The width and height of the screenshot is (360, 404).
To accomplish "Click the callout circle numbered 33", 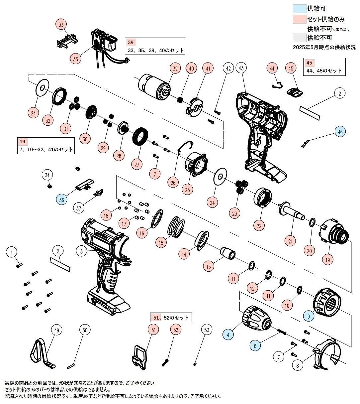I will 61,25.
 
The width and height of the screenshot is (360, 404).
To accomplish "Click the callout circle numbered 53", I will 207,330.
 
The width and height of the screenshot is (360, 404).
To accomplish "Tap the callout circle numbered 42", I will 228,68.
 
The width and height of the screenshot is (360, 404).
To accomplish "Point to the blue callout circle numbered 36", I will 62,200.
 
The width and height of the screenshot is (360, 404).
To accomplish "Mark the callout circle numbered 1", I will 12,252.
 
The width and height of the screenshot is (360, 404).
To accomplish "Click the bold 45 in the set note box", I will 310,63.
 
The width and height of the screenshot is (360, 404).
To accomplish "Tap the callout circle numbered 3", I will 82,251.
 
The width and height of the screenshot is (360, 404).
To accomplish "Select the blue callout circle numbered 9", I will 309,317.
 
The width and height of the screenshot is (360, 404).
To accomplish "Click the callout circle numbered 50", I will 85,330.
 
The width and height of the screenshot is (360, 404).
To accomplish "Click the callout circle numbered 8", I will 297,365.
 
